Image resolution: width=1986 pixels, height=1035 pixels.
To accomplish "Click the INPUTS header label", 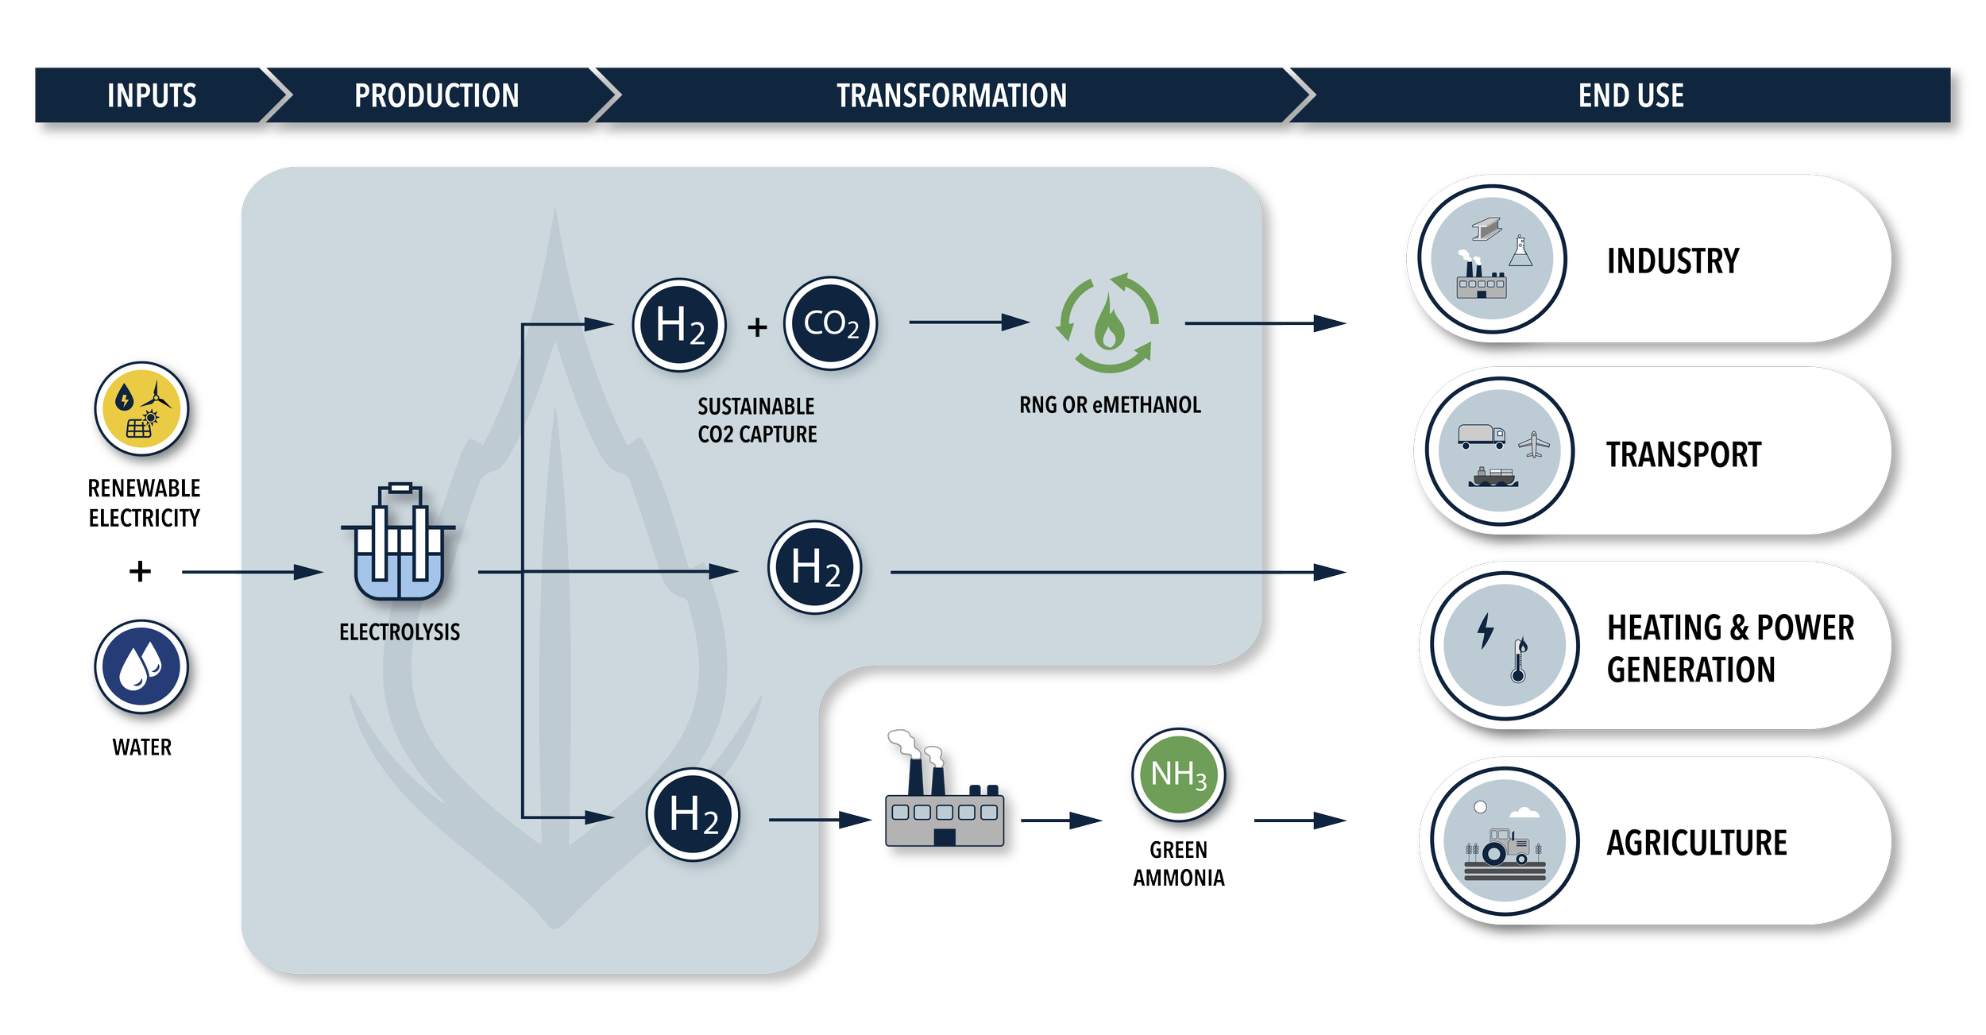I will (x=152, y=95).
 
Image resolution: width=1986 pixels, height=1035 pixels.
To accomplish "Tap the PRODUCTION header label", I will (x=436, y=95).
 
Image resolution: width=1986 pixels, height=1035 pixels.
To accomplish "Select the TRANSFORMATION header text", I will (x=951, y=95).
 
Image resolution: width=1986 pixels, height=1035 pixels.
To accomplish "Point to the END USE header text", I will (x=1630, y=95).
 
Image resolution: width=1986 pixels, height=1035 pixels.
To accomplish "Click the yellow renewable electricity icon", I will (x=142, y=408).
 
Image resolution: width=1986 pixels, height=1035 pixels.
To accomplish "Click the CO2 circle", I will (x=830, y=323).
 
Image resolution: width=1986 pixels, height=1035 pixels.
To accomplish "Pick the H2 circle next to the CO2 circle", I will (x=679, y=325).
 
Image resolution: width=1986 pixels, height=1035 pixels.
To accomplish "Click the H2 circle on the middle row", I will (x=814, y=567).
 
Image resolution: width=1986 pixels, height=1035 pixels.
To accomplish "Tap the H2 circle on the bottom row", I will (x=693, y=815).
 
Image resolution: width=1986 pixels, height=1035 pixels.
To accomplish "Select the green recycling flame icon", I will (x=1107, y=323).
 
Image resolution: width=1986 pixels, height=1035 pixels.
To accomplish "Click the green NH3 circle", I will (x=1178, y=774).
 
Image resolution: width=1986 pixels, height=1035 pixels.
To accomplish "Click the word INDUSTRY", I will (x=1672, y=261).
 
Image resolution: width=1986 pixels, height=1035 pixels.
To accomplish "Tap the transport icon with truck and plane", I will (x=1499, y=451).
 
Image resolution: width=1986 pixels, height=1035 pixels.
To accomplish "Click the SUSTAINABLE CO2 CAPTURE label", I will (x=756, y=420).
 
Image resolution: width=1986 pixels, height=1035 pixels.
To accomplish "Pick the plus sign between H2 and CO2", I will (x=757, y=326).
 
